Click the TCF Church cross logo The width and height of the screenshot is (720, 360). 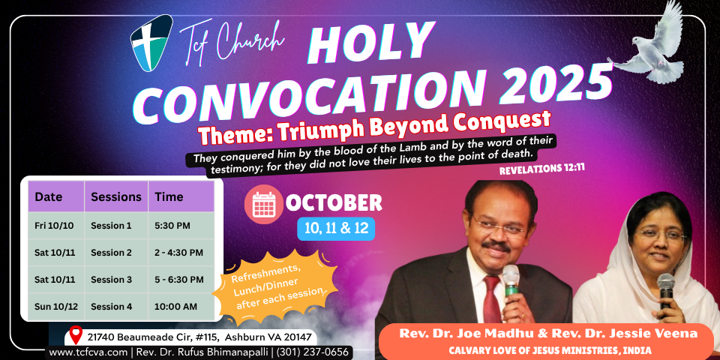pyautogui.click(x=151, y=43)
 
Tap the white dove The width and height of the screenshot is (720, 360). pyautogui.click(x=648, y=46)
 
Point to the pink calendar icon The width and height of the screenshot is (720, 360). pyautogui.click(x=263, y=204)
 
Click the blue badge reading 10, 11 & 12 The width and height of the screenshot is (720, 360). pyautogui.click(x=336, y=229)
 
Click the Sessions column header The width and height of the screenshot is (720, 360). pyautogui.click(x=116, y=196)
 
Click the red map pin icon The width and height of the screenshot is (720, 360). pyautogui.click(x=76, y=334)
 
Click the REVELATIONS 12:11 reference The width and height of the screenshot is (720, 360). pyautogui.click(x=541, y=169)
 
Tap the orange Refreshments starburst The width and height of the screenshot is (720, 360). pyautogui.click(x=274, y=288)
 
